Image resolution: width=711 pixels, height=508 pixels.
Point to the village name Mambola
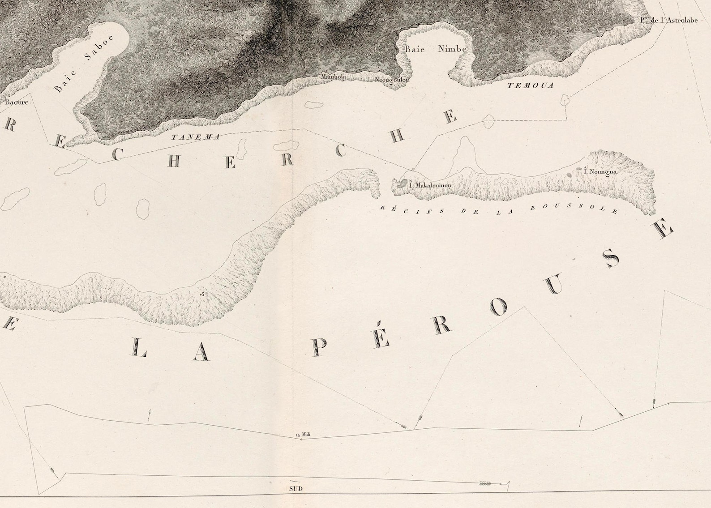pyautogui.click(x=334, y=77)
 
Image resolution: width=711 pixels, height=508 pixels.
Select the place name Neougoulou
pyautogui.click(x=392, y=80)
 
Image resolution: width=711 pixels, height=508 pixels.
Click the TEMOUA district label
pyautogui.click(x=530, y=85)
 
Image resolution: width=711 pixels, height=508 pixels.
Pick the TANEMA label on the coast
pyautogui.click(x=196, y=137)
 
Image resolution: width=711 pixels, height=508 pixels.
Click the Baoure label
pyautogui.click(x=17, y=102)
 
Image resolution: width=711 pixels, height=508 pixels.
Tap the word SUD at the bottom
pyautogui.click(x=296, y=488)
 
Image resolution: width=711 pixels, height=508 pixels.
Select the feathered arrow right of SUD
pyautogui.click(x=485, y=483)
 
